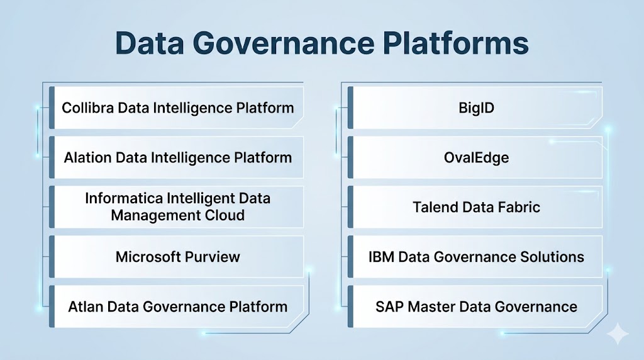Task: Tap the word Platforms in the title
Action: (x=456, y=43)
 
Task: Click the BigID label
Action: (x=477, y=108)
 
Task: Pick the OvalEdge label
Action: (x=477, y=158)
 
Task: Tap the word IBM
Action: (x=382, y=257)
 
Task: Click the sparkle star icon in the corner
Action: (x=618, y=334)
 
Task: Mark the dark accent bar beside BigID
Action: (x=350, y=108)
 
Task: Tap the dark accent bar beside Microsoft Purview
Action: (x=52, y=257)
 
